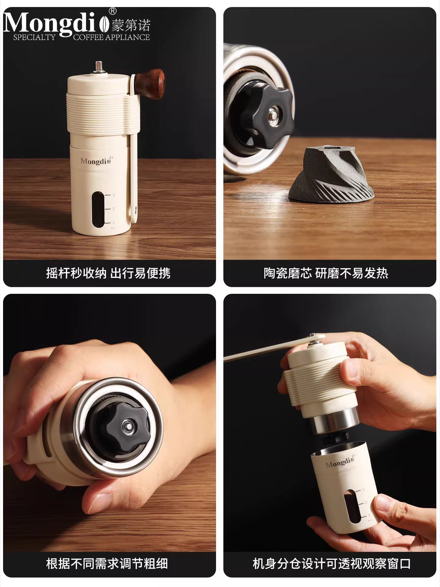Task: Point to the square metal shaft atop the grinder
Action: [x=98, y=67]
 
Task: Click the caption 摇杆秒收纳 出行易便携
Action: [x=108, y=273]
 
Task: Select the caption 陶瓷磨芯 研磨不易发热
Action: [x=326, y=273]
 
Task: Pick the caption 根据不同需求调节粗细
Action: [x=107, y=563]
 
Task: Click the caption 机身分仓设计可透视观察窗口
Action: [x=332, y=563]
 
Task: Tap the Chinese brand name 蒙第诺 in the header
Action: [x=131, y=25]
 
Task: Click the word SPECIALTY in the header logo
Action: [x=34, y=37]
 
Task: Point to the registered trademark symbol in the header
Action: [x=112, y=11]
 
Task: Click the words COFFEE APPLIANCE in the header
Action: [x=112, y=37]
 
